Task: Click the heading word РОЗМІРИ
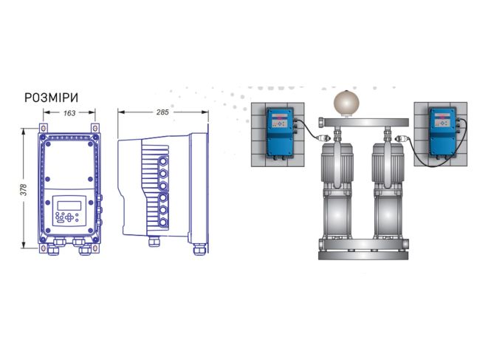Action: pos(52,98)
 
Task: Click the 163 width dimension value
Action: pos(69,113)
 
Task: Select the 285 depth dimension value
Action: pos(162,112)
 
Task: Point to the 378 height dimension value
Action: pos(24,190)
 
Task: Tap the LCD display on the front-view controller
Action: pos(69,206)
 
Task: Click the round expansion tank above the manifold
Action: pos(346,103)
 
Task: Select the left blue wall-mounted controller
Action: pos(280,132)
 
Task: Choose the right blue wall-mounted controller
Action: pos(443,132)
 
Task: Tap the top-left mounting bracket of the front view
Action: pos(43,128)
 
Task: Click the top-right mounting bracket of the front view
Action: pos(95,128)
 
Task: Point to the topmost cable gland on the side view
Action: pos(163,161)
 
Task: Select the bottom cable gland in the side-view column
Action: pos(163,223)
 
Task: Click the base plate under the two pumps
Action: pos(363,256)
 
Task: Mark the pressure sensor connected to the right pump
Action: pos(401,138)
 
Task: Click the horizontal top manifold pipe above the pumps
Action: pos(363,122)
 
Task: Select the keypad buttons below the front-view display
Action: pos(67,217)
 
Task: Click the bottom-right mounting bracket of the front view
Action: pos(95,248)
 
